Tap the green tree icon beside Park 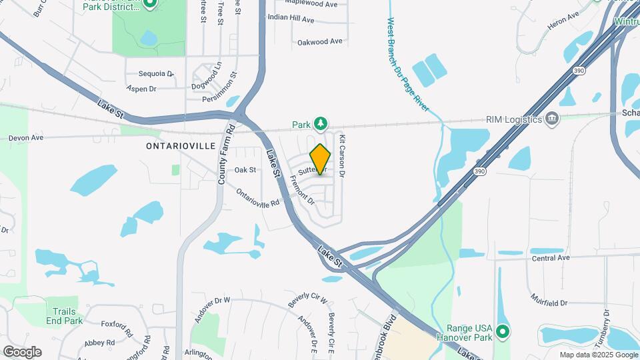coord(321,124)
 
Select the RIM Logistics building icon coord(552,119)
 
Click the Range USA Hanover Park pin coord(503,331)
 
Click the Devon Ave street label coord(26,138)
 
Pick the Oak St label coord(245,170)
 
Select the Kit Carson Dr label coord(342,155)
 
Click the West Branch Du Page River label coord(407,63)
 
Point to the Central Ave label coord(551,257)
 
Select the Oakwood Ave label coord(320,41)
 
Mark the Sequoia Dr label coord(156,73)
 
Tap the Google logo coord(23,352)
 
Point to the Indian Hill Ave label coord(291,19)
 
